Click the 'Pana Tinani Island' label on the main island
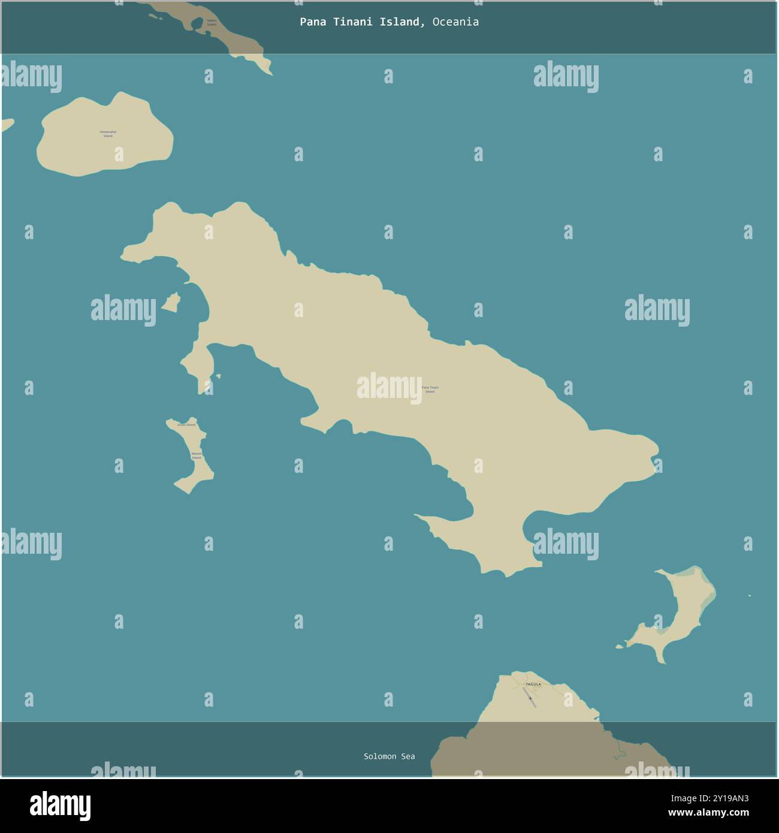click(430, 390)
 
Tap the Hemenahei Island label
click(108, 134)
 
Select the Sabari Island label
click(212, 22)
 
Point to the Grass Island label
click(186, 425)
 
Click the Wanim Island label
click(196, 455)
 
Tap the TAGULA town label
click(533, 684)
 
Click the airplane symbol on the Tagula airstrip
click(530, 698)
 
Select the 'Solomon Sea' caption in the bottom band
click(389, 756)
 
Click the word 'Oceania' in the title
click(455, 22)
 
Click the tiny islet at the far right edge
click(749, 596)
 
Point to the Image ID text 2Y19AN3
click(727, 798)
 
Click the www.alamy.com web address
click(709, 813)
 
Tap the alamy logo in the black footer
click(61, 805)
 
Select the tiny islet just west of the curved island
click(620, 647)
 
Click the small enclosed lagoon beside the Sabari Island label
click(197, 23)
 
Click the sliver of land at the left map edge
click(7, 125)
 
